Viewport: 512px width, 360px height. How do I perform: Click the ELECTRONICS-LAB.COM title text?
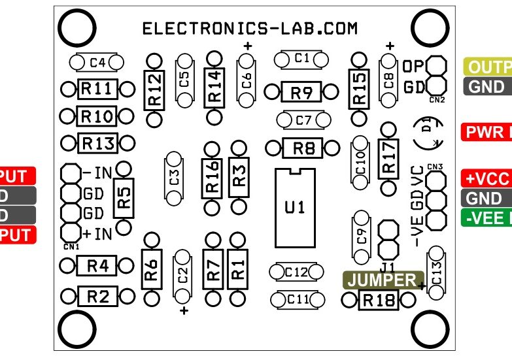pyautogui.click(x=250, y=29)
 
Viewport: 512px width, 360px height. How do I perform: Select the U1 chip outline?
pyautogui.click(x=295, y=207)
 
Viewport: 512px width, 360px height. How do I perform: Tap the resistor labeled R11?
pyautogui.click(x=97, y=90)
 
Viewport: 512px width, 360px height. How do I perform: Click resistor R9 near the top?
pyautogui.click(x=301, y=92)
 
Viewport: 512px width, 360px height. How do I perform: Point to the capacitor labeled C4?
pyautogui.click(x=97, y=63)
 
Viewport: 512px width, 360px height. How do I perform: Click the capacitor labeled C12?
pyautogui.click(x=297, y=271)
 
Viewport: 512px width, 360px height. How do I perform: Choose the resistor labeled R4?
pyautogui.click(x=97, y=266)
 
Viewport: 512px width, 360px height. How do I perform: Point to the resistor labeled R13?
pyautogui.click(x=97, y=142)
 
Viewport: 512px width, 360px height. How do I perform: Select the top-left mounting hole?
pyautogui.click(x=77, y=28)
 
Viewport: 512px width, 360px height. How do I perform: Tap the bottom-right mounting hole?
pyautogui.click(x=432, y=329)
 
